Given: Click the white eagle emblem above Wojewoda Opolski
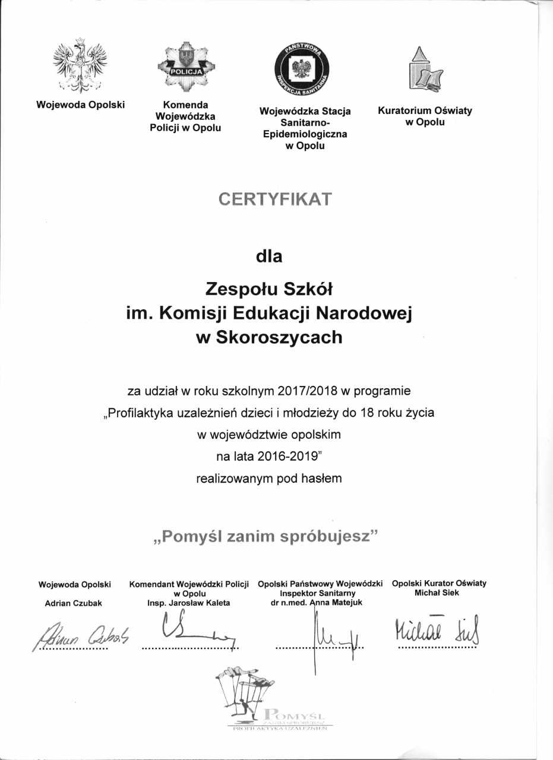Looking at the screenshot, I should point(80,65).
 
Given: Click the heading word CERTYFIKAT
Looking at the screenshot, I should point(274,199).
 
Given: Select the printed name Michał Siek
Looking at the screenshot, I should point(439,593).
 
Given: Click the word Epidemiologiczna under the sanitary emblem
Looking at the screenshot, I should point(305,134).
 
